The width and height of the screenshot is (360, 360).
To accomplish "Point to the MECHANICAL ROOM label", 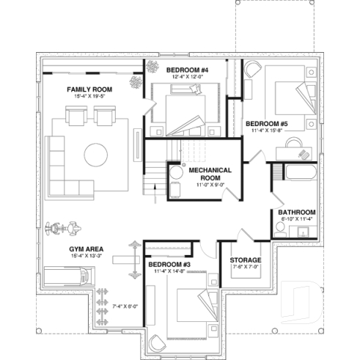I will [x=210, y=173].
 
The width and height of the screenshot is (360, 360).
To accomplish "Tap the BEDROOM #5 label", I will [x=265, y=123].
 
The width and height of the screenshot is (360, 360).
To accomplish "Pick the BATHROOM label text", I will [x=297, y=212].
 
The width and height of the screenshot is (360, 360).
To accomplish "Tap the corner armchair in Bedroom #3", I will [x=156, y=340].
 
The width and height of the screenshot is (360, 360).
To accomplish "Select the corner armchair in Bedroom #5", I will [x=253, y=70].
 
